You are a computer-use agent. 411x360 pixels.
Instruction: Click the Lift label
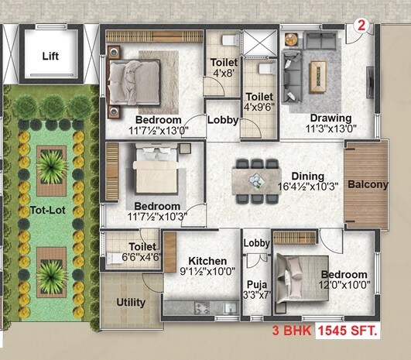(x=50, y=56)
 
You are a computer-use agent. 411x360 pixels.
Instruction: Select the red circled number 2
(x=360, y=25)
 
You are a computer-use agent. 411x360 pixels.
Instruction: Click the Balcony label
(x=368, y=185)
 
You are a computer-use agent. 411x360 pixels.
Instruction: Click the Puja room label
(x=255, y=283)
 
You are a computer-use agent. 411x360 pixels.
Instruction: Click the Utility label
(x=132, y=302)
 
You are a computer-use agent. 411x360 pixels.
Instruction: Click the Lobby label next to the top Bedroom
(x=223, y=120)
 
